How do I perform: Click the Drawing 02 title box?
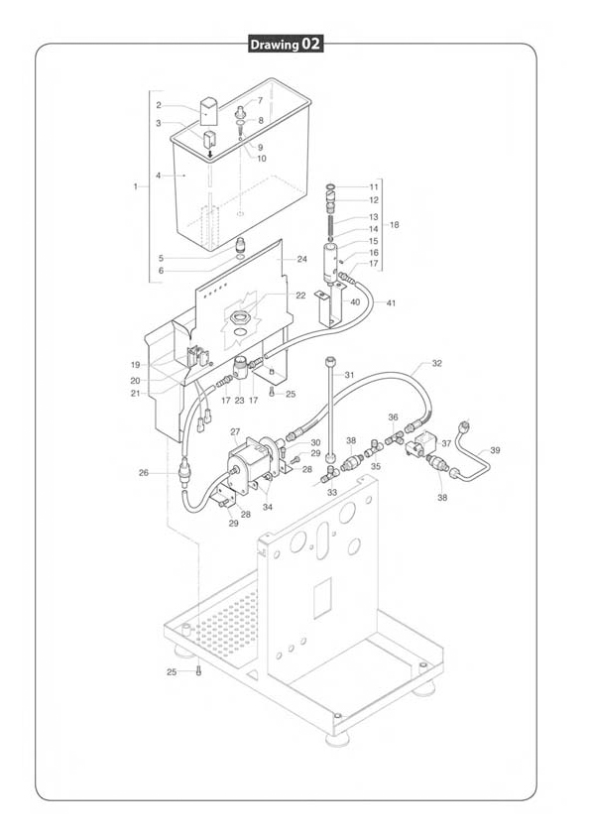coord(286,45)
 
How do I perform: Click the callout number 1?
coord(135,186)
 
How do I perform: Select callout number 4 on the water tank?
coord(158,176)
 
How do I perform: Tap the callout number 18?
coord(394,225)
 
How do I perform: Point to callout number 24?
coord(301,260)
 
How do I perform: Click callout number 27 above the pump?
coord(235,431)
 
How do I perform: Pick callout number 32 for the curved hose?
coord(436,363)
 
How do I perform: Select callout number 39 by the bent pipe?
coord(495,450)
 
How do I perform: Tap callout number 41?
coord(391,303)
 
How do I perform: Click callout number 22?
coord(300,296)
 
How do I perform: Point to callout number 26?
coord(144,472)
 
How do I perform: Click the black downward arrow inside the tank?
coord(210,154)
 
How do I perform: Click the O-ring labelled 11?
coord(330,186)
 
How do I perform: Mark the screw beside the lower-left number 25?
coord(198,671)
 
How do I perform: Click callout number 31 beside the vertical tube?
coord(349,375)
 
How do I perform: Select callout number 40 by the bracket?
coord(355,301)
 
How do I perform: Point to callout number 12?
coord(374,200)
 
